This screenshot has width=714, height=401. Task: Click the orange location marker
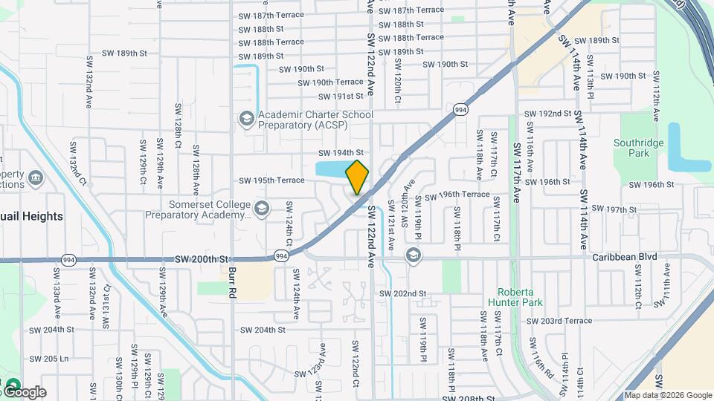358,177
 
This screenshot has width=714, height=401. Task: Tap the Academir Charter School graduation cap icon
246,119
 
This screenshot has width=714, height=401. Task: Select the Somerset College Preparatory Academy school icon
261,209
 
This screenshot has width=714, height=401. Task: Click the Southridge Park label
631,148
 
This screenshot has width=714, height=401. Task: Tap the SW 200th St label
202,259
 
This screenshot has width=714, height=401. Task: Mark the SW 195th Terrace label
271,180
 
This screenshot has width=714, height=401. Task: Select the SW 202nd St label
402,294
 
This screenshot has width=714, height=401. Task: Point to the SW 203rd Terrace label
559,321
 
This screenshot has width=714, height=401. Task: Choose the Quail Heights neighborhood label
31,216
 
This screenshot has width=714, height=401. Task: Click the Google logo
24,391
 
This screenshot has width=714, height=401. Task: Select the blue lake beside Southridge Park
679,146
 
